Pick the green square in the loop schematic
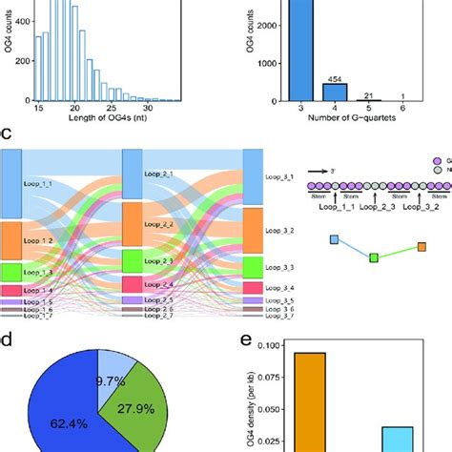click(x=374, y=257)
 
